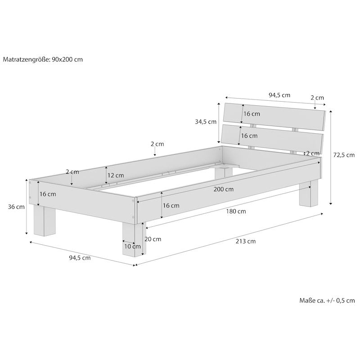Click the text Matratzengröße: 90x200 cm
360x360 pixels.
tap(43, 59)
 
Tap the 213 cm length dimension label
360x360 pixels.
tap(246, 241)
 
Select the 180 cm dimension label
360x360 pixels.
tap(236, 211)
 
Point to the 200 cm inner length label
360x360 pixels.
tap(224, 189)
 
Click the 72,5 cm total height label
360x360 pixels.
tap(344, 155)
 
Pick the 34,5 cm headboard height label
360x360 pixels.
tap(206, 121)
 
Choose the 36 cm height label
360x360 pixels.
tap(17, 207)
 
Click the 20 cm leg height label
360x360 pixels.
tap(153, 239)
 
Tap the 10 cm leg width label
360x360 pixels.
tap(133, 246)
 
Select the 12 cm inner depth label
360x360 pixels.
tap(116, 175)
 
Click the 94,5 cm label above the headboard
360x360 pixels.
tap(279, 95)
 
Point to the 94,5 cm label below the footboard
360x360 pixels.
tap(80, 258)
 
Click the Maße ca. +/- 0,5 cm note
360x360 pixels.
tap(327, 301)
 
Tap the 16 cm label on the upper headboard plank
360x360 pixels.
tap(252, 114)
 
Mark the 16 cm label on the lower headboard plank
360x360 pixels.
tap(249, 135)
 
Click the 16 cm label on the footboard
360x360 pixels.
tap(48, 194)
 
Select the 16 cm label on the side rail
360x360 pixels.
tap(171, 206)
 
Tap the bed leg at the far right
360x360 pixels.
tap(308, 193)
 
